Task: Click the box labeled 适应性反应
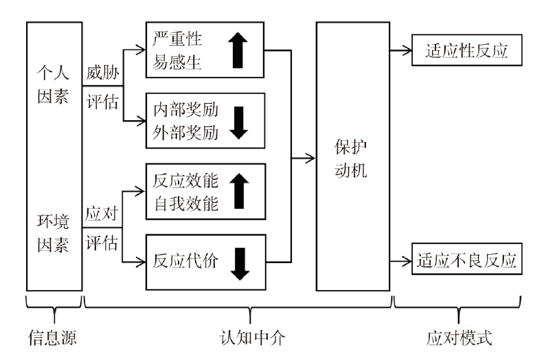click(465, 52)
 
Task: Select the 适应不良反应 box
click(465, 262)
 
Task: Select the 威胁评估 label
click(102, 87)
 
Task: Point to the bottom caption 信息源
click(52, 339)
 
